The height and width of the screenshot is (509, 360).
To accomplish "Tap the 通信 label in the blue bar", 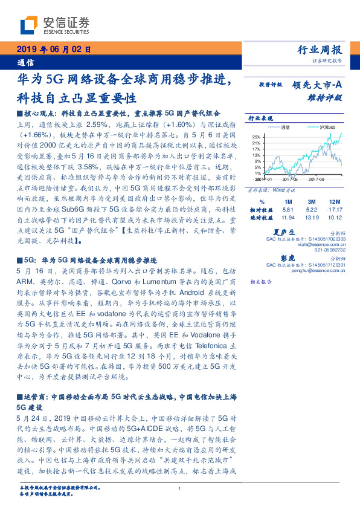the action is coord(25,62).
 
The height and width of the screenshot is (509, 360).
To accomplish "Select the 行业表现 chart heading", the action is coord(260,118).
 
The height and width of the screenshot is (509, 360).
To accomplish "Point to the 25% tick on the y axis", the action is coord(257,137).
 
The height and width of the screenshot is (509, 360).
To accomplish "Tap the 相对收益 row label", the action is coord(262,209).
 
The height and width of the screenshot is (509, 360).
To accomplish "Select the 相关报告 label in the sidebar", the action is coord(261,282).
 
